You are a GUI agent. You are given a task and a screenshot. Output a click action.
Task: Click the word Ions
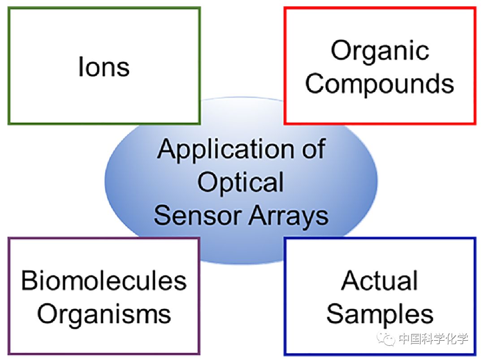(104, 66)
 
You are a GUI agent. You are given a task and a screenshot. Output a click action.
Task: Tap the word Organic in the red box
(380, 51)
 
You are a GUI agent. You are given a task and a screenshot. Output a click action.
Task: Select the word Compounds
(380, 83)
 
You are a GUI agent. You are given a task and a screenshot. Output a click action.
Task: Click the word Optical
(241, 182)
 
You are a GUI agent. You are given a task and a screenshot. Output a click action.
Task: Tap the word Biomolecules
(104, 281)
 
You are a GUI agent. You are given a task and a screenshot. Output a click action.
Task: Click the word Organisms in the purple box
(104, 314)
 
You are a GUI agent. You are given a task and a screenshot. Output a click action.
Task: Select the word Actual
(380, 281)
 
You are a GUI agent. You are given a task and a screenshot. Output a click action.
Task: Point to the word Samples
(380, 314)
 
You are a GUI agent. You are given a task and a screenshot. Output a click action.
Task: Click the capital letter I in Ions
(81, 66)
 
